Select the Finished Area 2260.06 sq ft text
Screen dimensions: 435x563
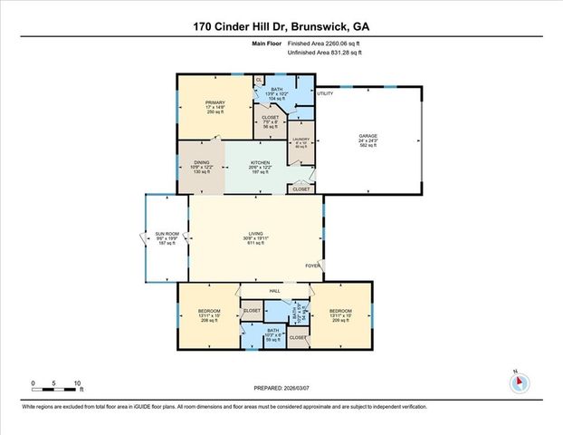324,43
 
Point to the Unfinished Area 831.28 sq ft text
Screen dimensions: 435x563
324,53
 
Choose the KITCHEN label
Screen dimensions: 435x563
261,167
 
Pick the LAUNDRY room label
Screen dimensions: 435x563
301,142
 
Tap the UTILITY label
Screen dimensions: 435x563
325,93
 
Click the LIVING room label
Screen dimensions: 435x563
256,240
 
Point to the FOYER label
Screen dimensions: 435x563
310,266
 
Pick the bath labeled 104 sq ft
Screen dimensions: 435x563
276,92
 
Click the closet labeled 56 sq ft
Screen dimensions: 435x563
270,123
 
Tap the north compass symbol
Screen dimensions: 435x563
518,382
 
